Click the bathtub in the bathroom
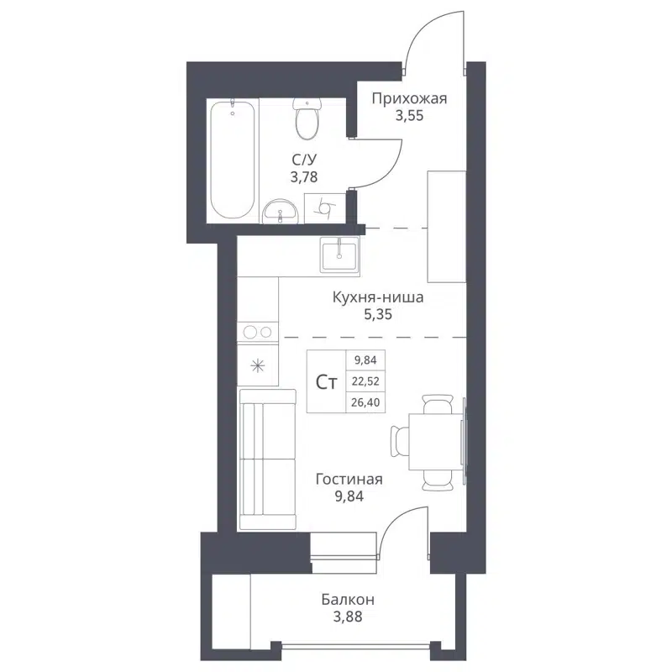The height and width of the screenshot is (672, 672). coord(233,160)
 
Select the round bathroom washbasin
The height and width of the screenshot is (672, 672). coord(280,212)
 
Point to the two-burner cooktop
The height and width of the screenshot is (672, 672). coord(258,333)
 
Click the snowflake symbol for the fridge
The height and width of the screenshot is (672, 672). coord(258,365)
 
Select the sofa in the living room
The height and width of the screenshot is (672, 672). coord(267,459)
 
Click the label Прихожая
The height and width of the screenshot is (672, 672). coord(410,99)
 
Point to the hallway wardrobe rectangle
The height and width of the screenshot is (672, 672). coord(446,226)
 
